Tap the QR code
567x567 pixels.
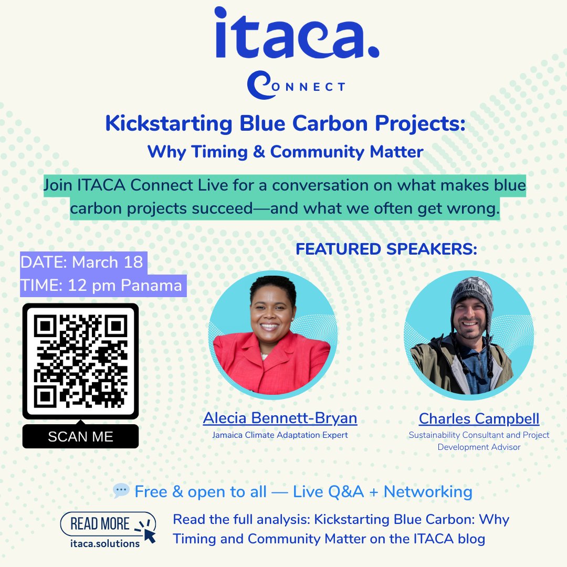click(80, 362)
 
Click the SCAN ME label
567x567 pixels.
click(80, 437)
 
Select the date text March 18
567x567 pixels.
click(107, 262)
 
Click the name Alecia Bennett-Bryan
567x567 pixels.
click(280, 418)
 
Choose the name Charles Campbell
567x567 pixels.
click(479, 419)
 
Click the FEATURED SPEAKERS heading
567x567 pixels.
click(386, 249)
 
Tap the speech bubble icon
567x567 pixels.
click(121, 491)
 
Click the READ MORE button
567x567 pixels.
click(100, 523)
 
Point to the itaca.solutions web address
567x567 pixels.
click(105, 543)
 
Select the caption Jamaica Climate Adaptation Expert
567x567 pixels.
click(280, 435)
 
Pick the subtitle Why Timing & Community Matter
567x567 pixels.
click(285, 152)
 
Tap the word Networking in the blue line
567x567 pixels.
click(428, 492)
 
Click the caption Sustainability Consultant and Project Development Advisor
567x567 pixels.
click(479, 441)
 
